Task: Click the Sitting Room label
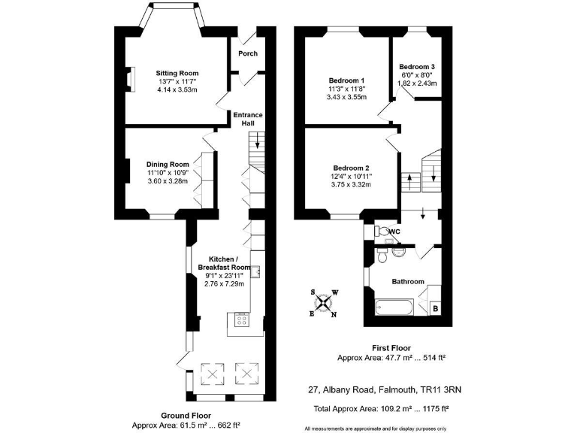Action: [177, 73]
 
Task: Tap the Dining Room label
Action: [168, 164]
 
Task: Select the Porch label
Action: [247, 53]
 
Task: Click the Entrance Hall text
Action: [247, 120]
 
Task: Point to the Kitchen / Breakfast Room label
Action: [224, 262]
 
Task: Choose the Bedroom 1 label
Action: [346, 80]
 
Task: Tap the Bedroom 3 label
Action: [417, 67]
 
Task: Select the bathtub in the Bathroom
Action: [394, 307]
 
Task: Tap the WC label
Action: [394, 232]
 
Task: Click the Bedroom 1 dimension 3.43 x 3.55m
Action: [346, 97]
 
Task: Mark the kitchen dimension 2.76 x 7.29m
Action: [224, 283]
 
